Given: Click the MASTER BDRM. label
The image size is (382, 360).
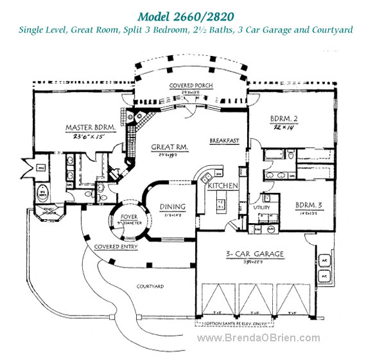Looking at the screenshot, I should tap(90, 127).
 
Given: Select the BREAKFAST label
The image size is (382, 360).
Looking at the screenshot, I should tap(224, 140).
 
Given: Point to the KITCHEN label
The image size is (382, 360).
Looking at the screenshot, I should tap(223, 186).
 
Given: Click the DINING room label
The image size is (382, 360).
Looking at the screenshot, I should tap(173, 206).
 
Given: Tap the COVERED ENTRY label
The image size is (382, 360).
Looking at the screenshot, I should tap(114, 247).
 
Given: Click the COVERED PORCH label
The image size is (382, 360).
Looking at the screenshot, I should tap(191, 85).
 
